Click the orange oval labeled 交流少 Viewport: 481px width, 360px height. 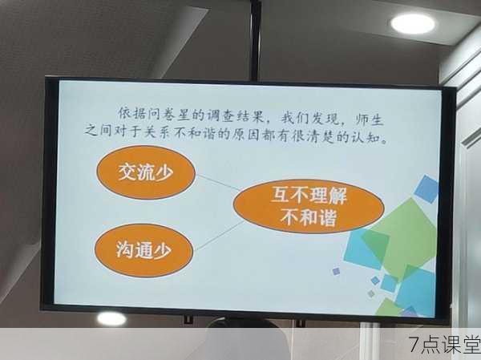coord(146,172)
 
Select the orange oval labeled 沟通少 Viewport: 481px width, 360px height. coord(143,250)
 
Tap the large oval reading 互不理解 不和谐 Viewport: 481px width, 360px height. coord(309,206)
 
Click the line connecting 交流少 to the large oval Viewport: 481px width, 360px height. coord(217,183)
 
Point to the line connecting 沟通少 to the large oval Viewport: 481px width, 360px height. coord(219,236)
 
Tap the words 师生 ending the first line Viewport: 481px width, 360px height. coord(370,119)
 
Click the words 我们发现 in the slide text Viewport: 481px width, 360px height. coord(309,118)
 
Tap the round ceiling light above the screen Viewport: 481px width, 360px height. coord(413,24)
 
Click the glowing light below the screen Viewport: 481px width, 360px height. coord(111,318)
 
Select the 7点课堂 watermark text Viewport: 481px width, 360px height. coord(444,344)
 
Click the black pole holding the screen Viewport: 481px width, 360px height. coord(255,40)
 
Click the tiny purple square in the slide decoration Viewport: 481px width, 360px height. coord(336,271)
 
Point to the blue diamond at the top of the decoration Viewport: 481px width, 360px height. coord(426,189)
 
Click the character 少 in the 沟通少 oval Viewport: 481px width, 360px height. coord(162,250)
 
